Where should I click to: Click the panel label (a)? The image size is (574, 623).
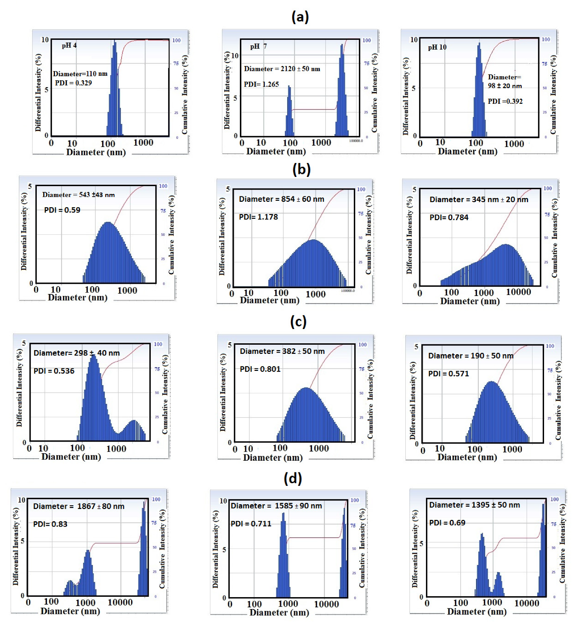point(300,17)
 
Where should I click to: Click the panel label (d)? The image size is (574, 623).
point(293,478)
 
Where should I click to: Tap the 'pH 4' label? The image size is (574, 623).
point(69,45)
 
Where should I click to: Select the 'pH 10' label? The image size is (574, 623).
point(437,47)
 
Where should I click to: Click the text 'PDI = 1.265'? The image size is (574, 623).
point(261,84)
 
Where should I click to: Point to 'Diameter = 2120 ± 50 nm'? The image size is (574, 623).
point(282,69)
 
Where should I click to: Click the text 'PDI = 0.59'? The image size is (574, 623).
point(62,210)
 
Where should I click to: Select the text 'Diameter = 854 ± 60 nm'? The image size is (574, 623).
point(281,199)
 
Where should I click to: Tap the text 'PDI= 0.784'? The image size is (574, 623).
point(449,217)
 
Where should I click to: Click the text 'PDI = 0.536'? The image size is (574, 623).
point(54,371)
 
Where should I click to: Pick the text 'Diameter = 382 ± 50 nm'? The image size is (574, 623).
point(282,351)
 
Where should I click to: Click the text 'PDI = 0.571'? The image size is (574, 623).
point(448,374)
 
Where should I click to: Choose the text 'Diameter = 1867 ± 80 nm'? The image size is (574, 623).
point(79,506)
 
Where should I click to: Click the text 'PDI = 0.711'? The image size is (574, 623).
point(251,524)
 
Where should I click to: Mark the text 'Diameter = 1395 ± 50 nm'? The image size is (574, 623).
point(474,505)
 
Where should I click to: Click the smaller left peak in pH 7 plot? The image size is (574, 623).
point(289,112)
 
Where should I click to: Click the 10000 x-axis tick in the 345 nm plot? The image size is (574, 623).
point(518,292)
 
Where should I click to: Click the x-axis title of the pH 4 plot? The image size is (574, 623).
point(96,152)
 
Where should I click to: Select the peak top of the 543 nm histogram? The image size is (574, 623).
point(108,223)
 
